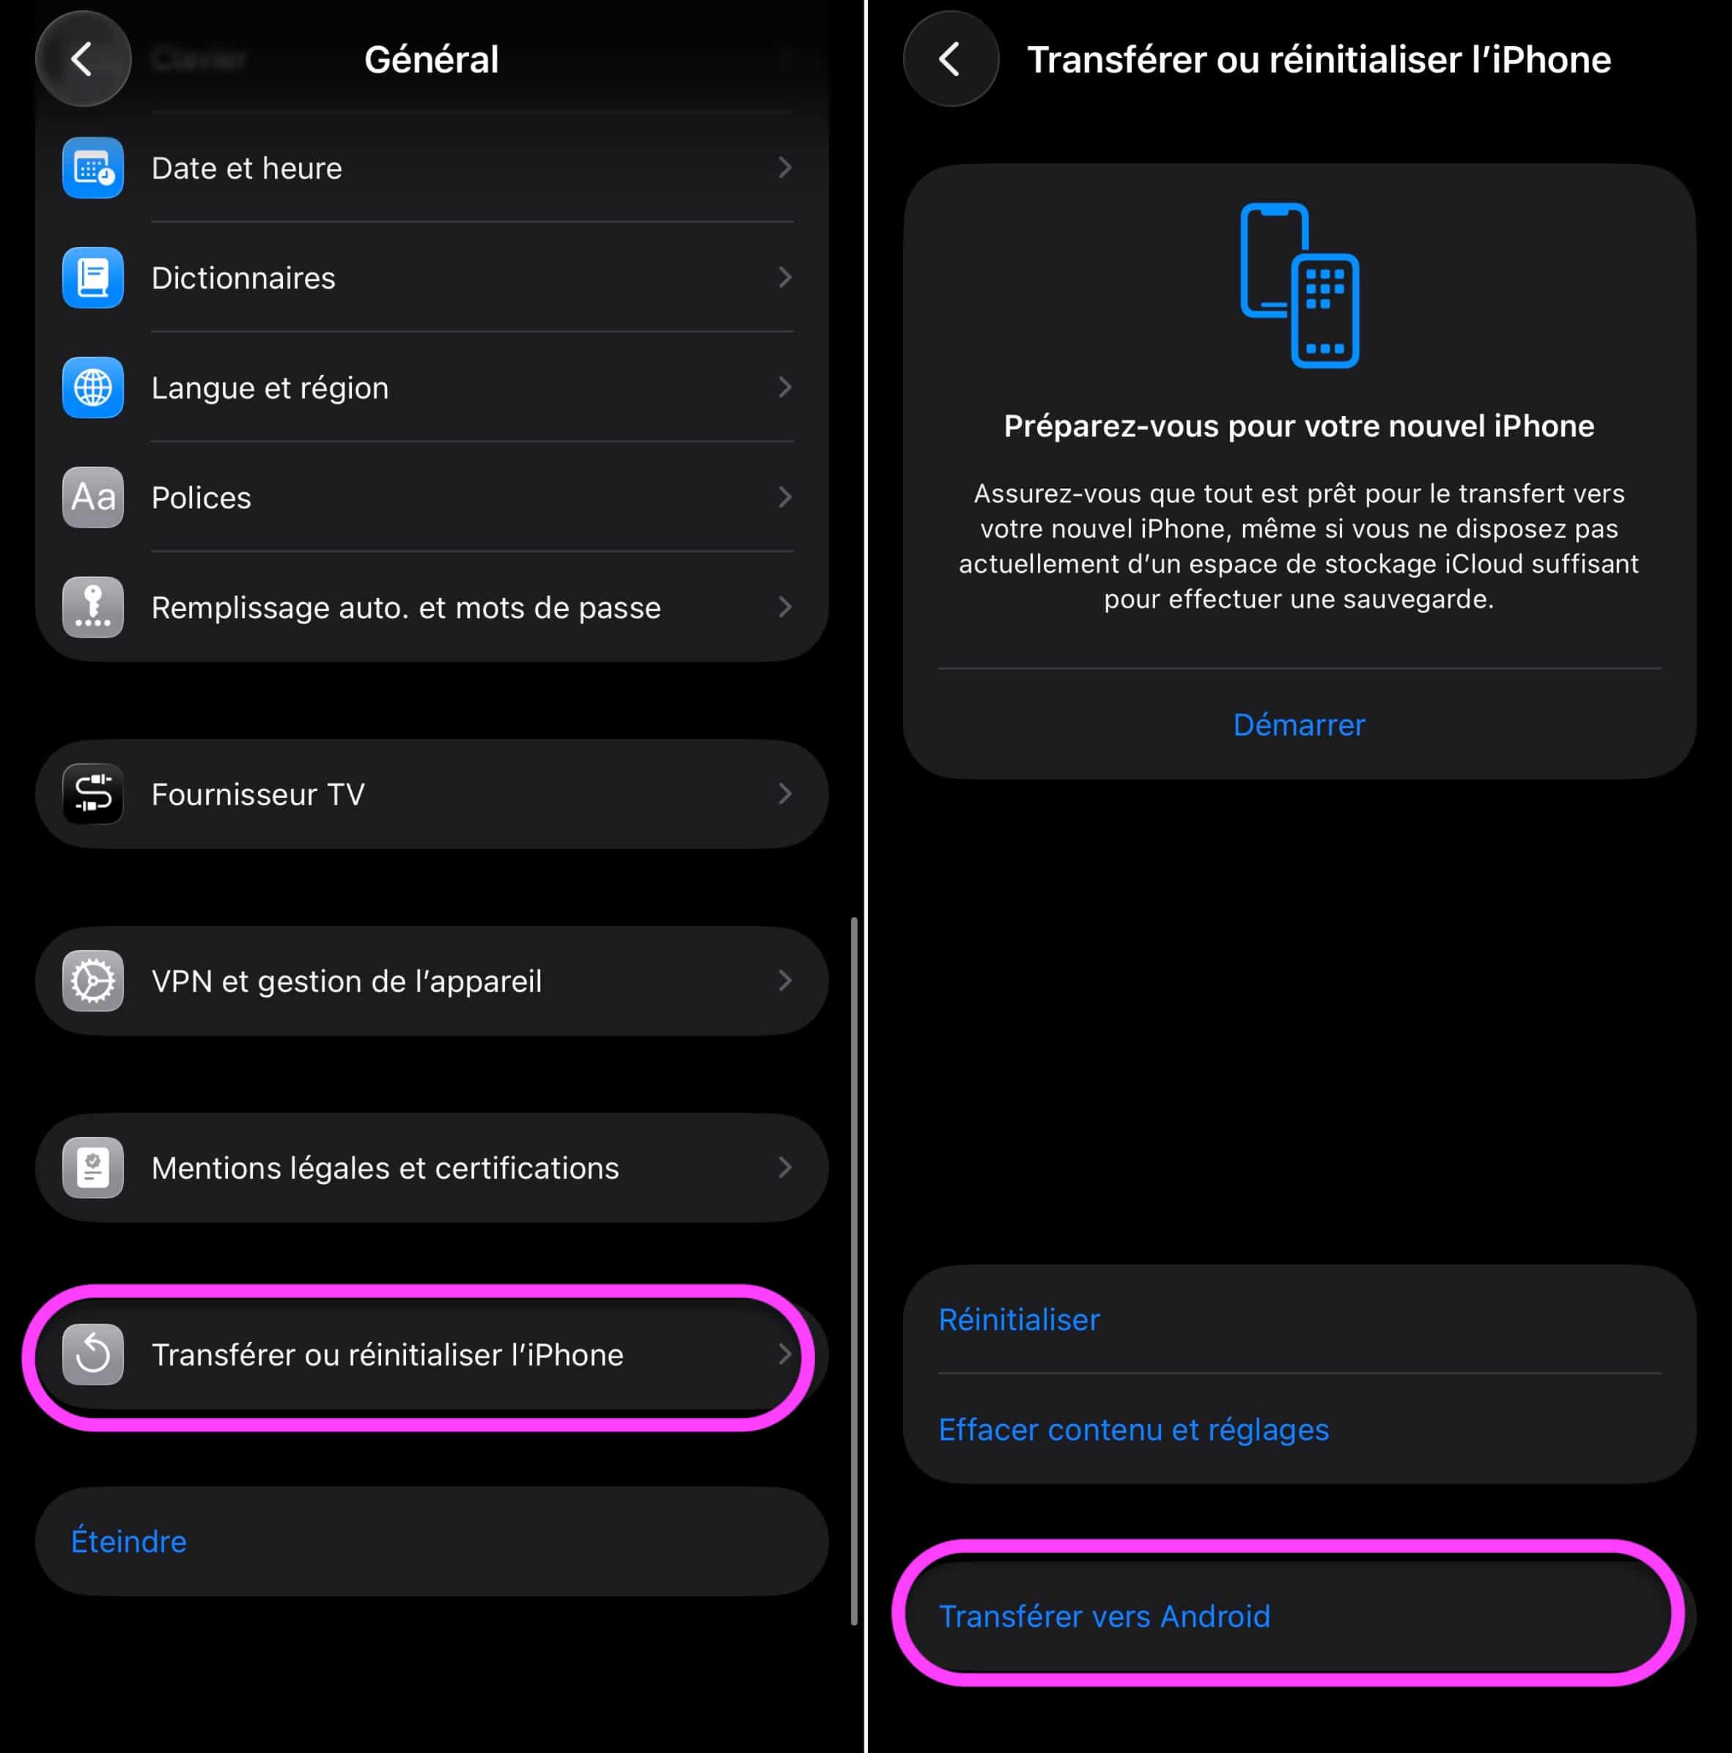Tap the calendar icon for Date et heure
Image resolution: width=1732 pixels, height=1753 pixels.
(x=92, y=168)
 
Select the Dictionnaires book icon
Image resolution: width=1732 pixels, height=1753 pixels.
(x=92, y=278)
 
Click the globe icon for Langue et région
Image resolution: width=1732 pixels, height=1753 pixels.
(x=92, y=388)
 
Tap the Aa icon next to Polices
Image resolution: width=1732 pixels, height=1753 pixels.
(x=92, y=497)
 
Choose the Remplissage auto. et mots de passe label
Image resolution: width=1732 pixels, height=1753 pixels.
(x=406, y=607)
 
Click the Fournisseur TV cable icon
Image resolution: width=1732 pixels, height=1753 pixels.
(x=92, y=794)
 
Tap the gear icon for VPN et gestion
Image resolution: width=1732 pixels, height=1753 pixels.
(x=92, y=981)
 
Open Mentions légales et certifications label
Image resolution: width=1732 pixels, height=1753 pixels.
(x=385, y=1168)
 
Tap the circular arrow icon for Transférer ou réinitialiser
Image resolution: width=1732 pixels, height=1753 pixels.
(x=92, y=1354)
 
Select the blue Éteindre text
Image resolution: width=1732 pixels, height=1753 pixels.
(x=129, y=1541)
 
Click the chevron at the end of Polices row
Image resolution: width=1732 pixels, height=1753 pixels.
(x=785, y=497)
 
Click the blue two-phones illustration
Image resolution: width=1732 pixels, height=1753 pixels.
(x=1299, y=285)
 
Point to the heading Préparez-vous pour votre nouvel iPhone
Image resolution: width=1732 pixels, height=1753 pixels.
(x=1299, y=426)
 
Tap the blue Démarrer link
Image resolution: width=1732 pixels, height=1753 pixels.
(x=1299, y=725)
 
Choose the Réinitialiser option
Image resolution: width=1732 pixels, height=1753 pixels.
(x=1020, y=1319)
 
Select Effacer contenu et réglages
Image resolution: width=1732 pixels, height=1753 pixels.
(x=1134, y=1429)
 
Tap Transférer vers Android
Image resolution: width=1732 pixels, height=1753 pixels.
(x=1105, y=1616)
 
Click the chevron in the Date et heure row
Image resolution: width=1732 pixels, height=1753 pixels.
(x=785, y=168)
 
